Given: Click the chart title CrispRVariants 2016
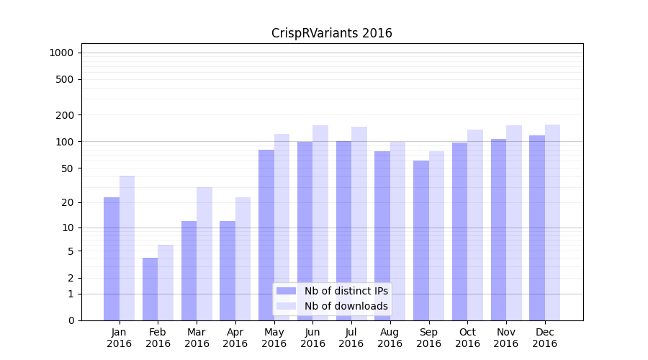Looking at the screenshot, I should [331, 33].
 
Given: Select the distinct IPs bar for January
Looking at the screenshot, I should [112, 258].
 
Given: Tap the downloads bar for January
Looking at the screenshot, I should [127, 248].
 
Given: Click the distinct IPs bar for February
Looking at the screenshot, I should [150, 289].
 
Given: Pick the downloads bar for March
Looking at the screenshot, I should [204, 253].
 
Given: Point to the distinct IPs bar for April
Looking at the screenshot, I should [228, 270].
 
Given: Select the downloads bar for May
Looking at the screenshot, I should [282, 227].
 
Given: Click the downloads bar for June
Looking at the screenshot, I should [320, 222].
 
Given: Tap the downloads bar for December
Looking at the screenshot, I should [552, 222].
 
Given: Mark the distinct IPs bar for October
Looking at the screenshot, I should [459, 231].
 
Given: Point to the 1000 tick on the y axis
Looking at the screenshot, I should [61, 53].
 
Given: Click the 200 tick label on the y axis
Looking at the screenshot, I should [66, 115].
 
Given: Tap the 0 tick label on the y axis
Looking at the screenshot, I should [71, 320].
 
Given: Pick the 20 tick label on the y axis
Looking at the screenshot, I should [68, 202].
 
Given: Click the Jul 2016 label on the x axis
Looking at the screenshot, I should [351, 338].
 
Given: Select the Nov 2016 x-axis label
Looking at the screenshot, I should [506, 338].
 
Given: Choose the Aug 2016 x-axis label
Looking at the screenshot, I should [390, 338].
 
